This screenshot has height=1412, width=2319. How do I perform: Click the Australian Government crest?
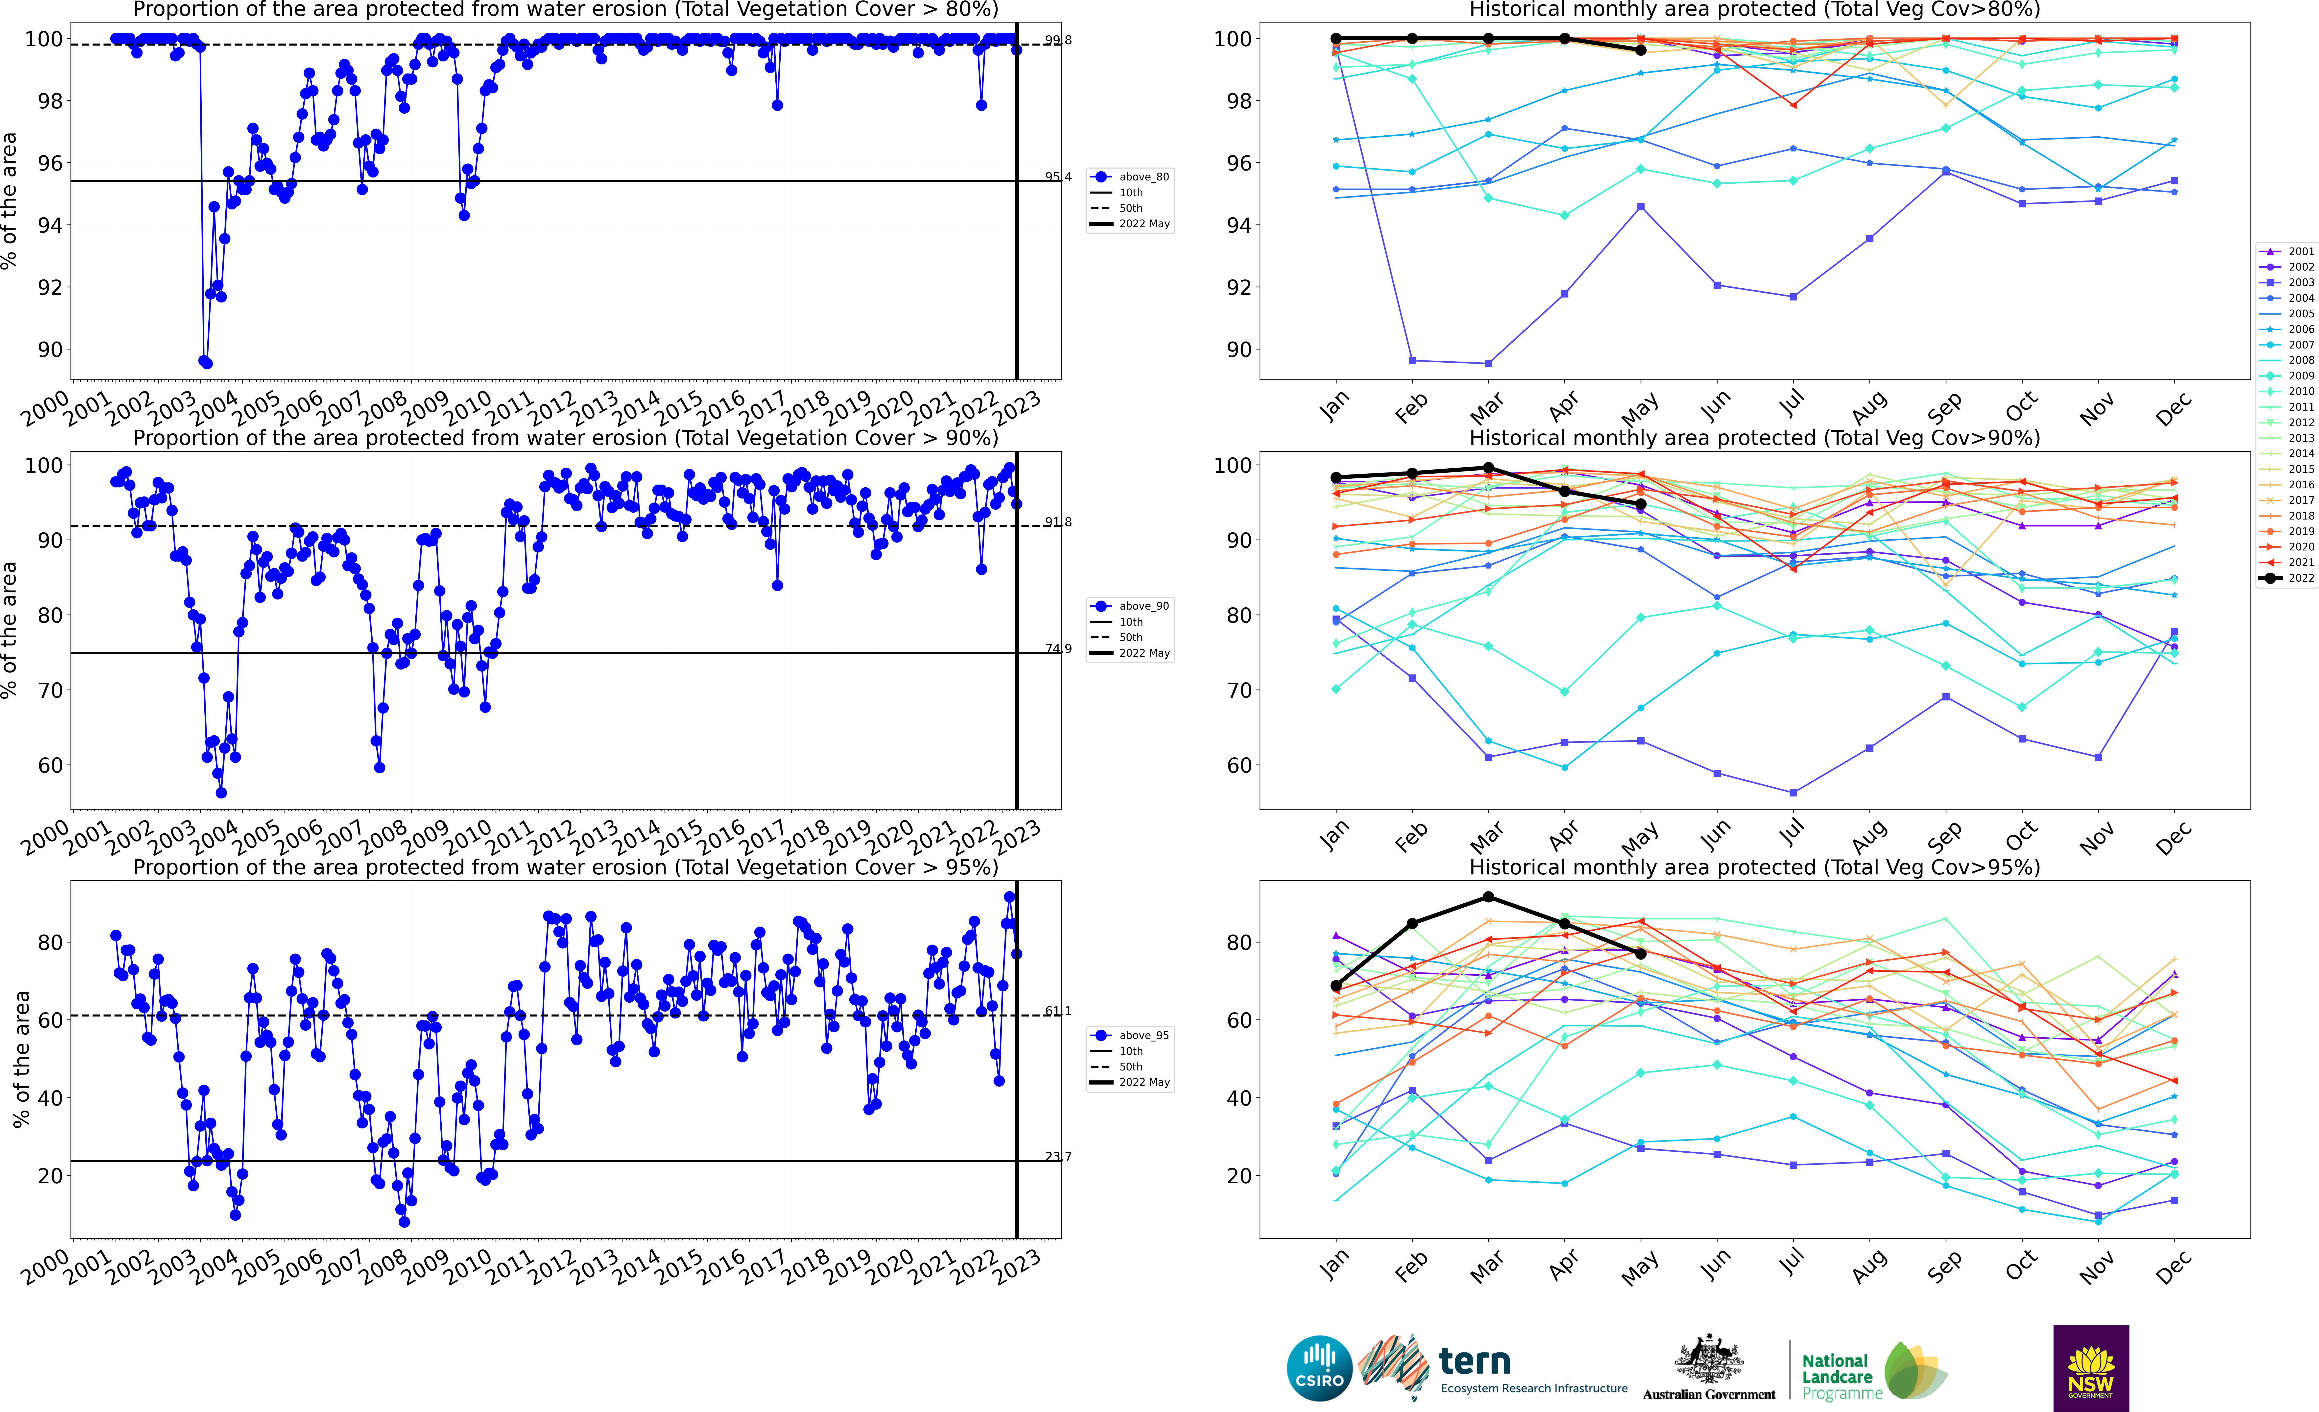click(x=1708, y=1360)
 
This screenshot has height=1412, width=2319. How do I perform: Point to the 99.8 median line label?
click(x=1058, y=41)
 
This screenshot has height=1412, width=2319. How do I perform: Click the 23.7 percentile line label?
click(x=1058, y=1157)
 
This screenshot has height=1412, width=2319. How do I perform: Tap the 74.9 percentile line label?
click(x=1058, y=648)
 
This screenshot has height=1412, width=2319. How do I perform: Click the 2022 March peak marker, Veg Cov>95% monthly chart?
click(x=1488, y=897)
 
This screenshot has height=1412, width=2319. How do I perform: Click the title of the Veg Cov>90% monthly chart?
click(x=1754, y=438)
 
